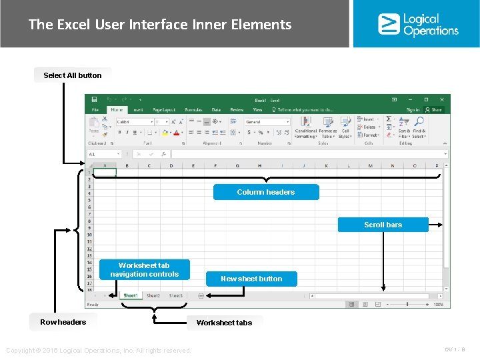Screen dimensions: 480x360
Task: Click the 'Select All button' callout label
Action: [x=72, y=75]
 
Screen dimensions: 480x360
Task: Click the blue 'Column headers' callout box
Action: [x=265, y=192]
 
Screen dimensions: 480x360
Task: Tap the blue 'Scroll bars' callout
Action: [x=383, y=225]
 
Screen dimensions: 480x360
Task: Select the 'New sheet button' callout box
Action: [x=251, y=279]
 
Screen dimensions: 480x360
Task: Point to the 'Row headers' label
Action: [x=63, y=322]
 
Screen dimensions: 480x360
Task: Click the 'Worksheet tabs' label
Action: [x=224, y=323]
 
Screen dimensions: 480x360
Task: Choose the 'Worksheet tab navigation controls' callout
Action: [x=145, y=270]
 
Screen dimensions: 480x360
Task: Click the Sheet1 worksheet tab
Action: [x=130, y=295]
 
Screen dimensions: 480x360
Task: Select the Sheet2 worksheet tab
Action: [x=153, y=295]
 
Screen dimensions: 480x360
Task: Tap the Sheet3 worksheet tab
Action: [x=175, y=295]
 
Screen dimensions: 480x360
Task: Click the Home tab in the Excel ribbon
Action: [x=117, y=110]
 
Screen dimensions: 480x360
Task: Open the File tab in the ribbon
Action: [x=95, y=110]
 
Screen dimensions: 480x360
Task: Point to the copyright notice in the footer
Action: [x=98, y=351]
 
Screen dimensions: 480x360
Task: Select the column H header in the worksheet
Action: [x=259, y=165]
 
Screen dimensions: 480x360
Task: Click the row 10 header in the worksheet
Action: [x=89, y=235]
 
